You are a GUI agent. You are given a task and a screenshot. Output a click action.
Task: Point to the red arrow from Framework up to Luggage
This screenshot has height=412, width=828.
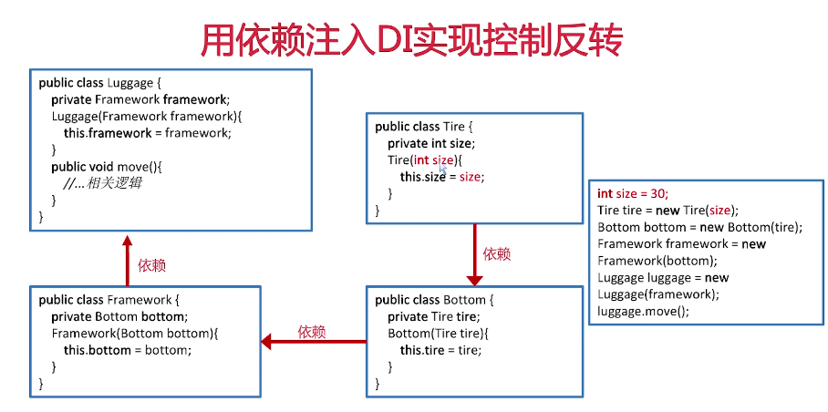pyautogui.click(x=127, y=259)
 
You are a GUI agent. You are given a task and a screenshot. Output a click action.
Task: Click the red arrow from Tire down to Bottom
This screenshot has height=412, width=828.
pyautogui.click(x=474, y=255)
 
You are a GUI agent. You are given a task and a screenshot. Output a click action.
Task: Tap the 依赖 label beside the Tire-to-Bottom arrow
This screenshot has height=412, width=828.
pyautogui.click(x=497, y=254)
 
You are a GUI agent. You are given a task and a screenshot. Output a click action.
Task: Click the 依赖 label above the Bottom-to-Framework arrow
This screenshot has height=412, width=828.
pyautogui.click(x=312, y=332)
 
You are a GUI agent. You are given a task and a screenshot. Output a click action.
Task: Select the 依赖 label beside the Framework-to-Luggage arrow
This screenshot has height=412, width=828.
pyautogui.click(x=151, y=265)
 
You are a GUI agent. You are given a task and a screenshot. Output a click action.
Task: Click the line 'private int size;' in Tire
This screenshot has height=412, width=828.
pyautogui.click(x=431, y=143)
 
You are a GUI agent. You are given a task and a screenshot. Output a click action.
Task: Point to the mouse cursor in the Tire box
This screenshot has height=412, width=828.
pyautogui.click(x=443, y=168)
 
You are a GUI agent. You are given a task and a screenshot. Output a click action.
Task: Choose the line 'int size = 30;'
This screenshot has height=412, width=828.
pyautogui.click(x=633, y=193)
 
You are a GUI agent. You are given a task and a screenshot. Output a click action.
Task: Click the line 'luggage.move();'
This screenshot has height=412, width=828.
pyautogui.click(x=644, y=311)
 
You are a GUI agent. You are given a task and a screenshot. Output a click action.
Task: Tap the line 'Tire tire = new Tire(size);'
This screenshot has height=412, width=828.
pyautogui.click(x=668, y=210)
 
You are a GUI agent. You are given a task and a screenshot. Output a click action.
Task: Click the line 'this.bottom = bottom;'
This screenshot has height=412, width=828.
pyautogui.click(x=128, y=350)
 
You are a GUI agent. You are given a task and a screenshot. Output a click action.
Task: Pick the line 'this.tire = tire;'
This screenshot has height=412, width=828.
pyautogui.click(x=440, y=350)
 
